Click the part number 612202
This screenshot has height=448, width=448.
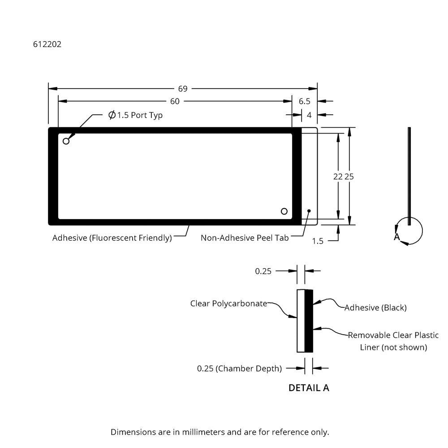[47, 44]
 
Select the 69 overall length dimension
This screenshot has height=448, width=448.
[183, 89]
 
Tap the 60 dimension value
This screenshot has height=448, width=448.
[175, 101]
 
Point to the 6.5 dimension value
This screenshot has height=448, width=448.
[305, 101]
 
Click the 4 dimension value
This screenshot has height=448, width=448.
[309, 115]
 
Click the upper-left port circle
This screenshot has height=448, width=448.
[66, 141]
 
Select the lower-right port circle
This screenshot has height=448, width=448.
[284, 211]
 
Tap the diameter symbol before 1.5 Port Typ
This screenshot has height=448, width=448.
[112, 115]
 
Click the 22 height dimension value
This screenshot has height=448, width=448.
[338, 177]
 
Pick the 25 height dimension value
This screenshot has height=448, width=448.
[349, 177]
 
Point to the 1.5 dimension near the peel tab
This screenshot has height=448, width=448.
[318, 241]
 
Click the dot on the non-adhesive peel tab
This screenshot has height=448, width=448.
[309, 211]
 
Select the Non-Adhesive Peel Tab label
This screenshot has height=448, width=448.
[245, 238]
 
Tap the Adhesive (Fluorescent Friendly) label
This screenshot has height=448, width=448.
[112, 238]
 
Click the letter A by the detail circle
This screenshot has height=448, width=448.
[397, 237]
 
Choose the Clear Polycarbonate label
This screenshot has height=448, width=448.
[228, 303]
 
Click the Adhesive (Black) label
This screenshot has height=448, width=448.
[375, 307]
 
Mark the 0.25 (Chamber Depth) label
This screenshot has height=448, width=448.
[239, 368]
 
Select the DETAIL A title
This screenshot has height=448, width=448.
[309, 388]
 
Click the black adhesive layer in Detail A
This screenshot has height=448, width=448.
[309, 321]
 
